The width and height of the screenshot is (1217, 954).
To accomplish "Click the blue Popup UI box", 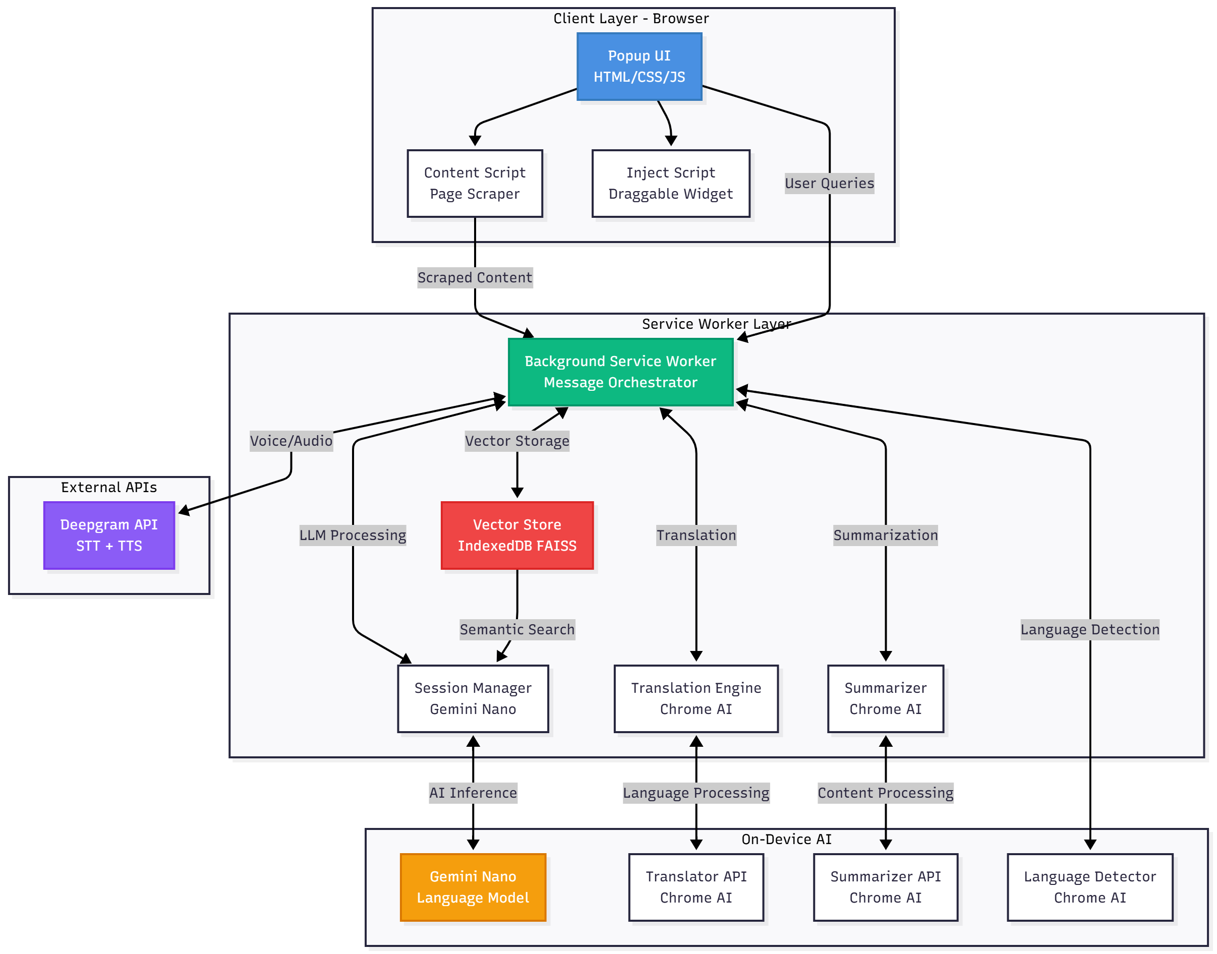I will pyautogui.click(x=639, y=67).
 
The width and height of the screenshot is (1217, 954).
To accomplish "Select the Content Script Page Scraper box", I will pyautogui.click(x=475, y=183).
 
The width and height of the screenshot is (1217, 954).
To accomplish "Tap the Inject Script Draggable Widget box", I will pyautogui.click(x=670, y=183).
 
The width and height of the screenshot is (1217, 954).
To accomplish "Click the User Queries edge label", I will pyautogui.click(x=829, y=183).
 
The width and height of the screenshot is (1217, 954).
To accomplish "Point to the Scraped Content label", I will pyautogui.click(x=475, y=278).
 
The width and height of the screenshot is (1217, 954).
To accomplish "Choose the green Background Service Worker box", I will pyautogui.click(x=620, y=372).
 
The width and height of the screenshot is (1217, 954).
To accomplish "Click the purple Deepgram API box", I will pyautogui.click(x=109, y=535).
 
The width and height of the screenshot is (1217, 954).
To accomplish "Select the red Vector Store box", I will pyautogui.click(x=517, y=535).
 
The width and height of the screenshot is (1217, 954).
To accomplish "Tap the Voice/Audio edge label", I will pyautogui.click(x=291, y=441).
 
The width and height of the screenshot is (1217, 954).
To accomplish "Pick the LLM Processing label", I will pyautogui.click(x=353, y=535).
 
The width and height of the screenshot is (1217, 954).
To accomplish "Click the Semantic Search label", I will pyautogui.click(x=517, y=629).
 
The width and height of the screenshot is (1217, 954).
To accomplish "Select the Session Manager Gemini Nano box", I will pyautogui.click(x=473, y=698).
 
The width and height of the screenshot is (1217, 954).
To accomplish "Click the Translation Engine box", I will pyautogui.click(x=696, y=698).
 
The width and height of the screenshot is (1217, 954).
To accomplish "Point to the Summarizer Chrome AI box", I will pyautogui.click(x=885, y=698).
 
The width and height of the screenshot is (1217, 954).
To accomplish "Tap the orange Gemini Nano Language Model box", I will pyautogui.click(x=473, y=887).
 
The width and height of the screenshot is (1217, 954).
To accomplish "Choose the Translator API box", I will pyautogui.click(x=696, y=887).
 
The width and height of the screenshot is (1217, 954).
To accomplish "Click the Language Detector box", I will pyautogui.click(x=1089, y=887).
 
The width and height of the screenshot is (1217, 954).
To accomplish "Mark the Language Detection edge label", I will pyautogui.click(x=1089, y=629).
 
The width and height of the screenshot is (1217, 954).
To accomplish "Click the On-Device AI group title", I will pyautogui.click(x=786, y=839).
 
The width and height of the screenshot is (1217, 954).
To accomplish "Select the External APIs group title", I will pyautogui.click(x=109, y=487).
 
